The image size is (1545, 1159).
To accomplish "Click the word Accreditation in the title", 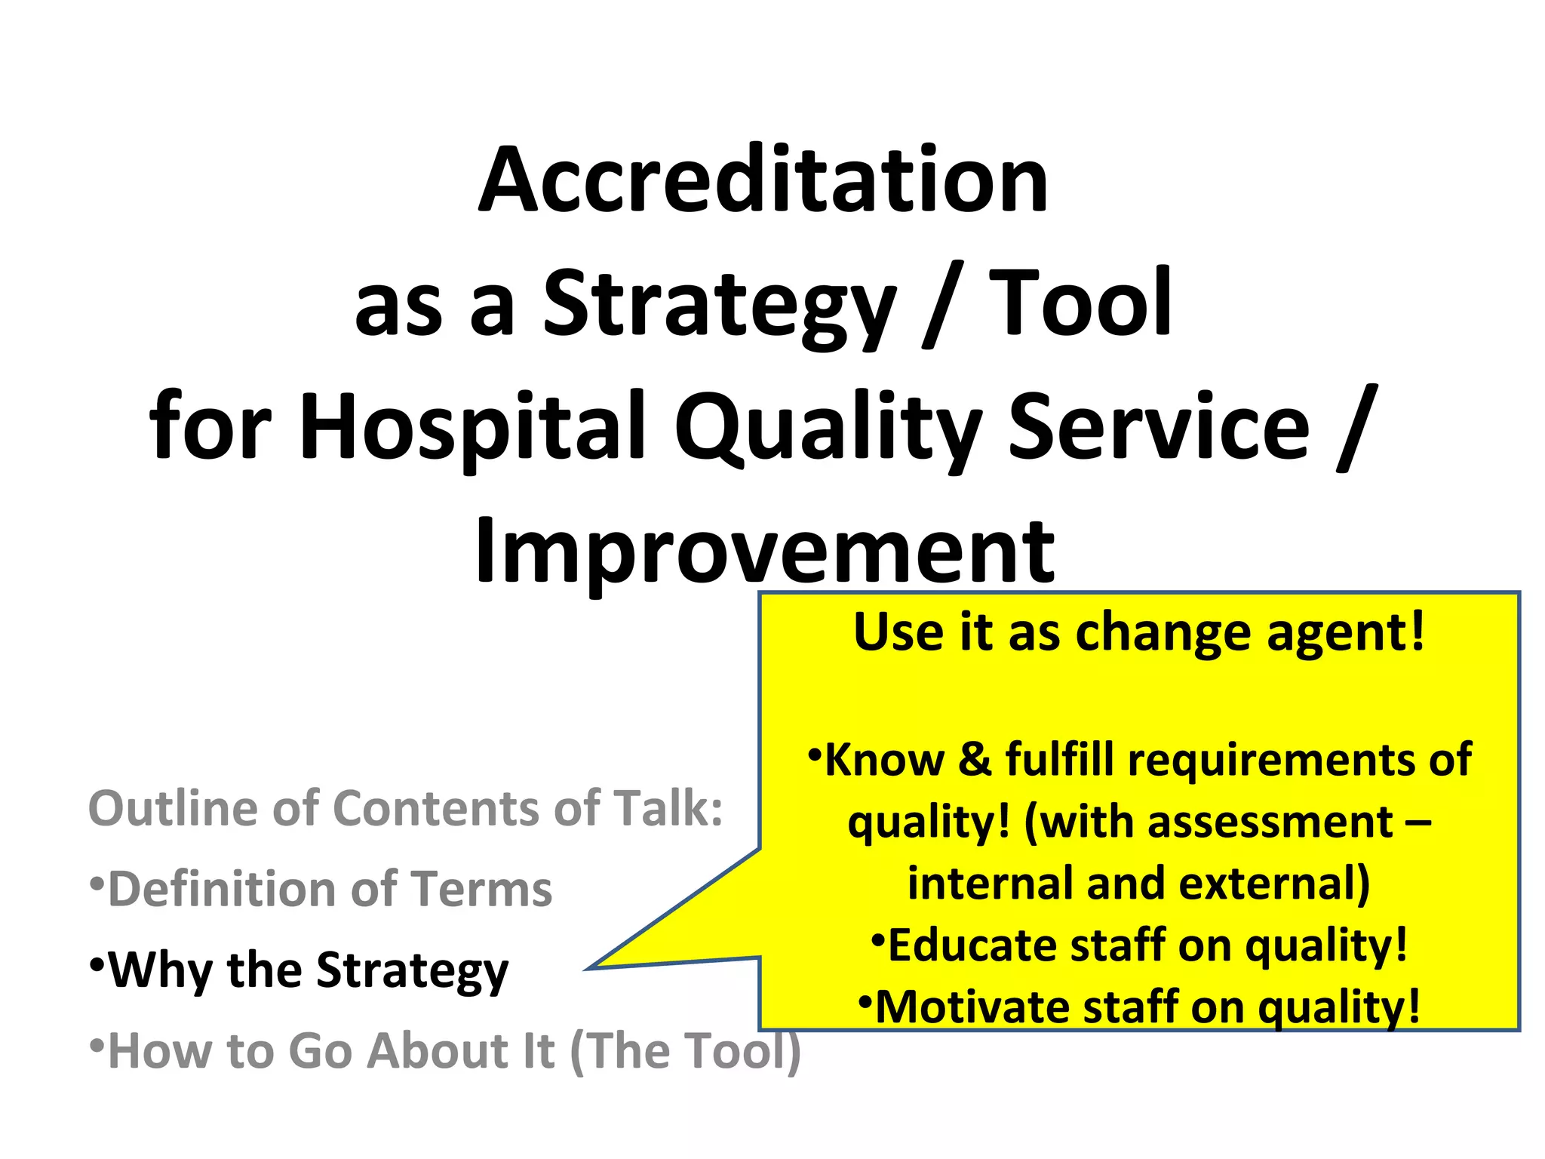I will pos(763,181).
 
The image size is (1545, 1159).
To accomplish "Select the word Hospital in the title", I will pos(473,426).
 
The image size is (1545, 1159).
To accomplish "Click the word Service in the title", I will pos(1159,426).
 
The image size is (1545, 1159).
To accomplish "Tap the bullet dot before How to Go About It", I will pos(96,1046).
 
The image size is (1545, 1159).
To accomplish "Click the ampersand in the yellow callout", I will pos(975,759).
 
